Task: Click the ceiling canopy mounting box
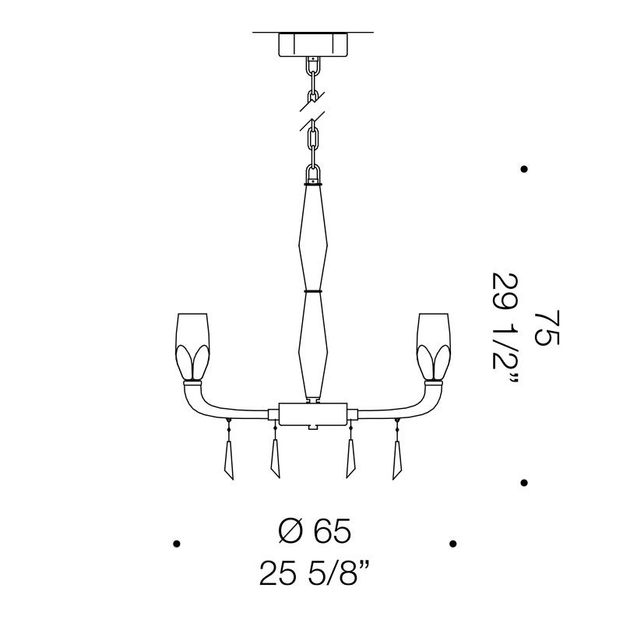pos(313,44)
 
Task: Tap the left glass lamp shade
pos(192,347)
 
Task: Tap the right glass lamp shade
pos(434,347)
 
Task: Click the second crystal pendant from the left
pos(275,458)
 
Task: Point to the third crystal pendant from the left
pos(351,458)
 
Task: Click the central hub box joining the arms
pos(313,414)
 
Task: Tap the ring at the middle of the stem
pos(313,291)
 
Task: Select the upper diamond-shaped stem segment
pos(313,238)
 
